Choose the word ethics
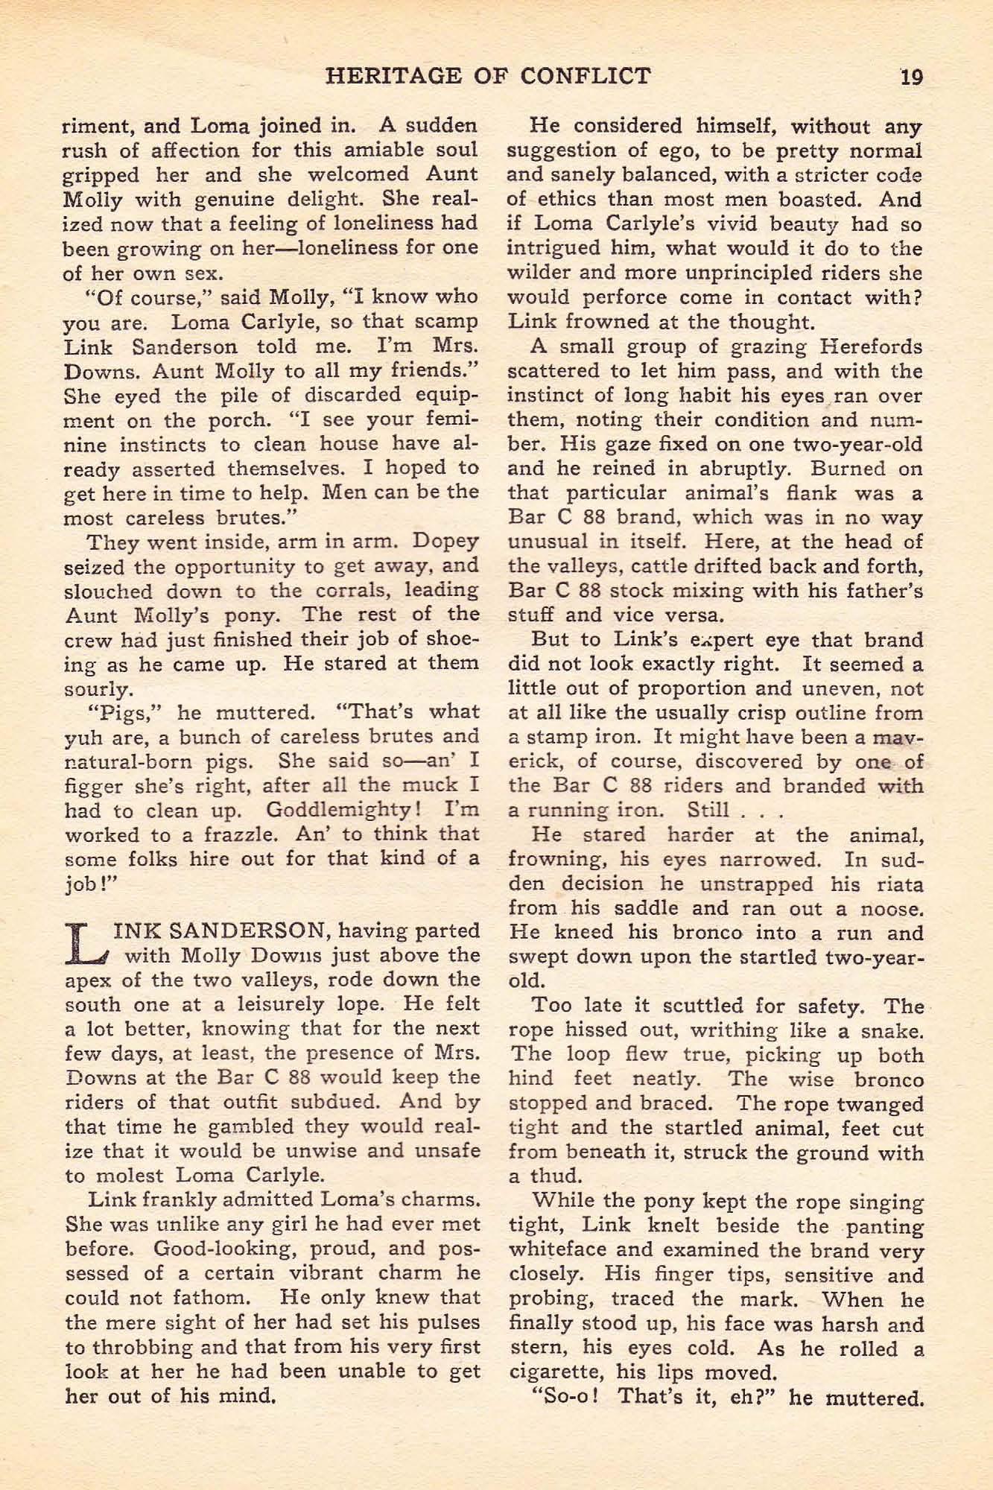569,200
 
